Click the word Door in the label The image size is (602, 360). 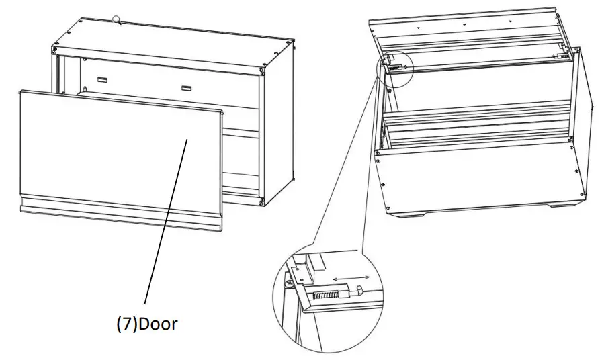[157, 324]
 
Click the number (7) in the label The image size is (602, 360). [126, 324]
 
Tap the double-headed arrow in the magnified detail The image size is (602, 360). [351, 277]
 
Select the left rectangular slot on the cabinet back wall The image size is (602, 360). [102, 79]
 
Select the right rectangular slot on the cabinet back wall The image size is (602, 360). [185, 87]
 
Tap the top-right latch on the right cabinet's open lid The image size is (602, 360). [559, 56]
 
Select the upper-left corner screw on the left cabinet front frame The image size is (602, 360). [56, 48]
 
